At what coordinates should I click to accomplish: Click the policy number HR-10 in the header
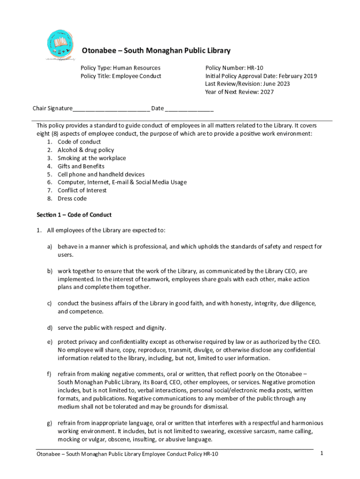pyautogui.click(x=255, y=68)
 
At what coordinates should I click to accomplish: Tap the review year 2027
pyautogui.click(x=267, y=92)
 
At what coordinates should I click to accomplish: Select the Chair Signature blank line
pyautogui.click(x=111, y=109)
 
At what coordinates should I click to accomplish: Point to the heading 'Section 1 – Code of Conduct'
pyautogui.click(x=74, y=215)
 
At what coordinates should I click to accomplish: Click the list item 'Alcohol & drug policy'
pyautogui.click(x=86, y=150)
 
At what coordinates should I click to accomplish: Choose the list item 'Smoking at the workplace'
pyautogui.click(x=92, y=158)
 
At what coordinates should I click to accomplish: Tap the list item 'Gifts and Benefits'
pyautogui.click(x=81, y=166)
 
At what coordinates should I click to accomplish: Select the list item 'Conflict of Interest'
pyautogui.click(x=82, y=190)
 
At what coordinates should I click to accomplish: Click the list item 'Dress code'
pyautogui.click(x=72, y=198)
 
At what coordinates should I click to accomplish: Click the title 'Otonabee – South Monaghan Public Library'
pyautogui.click(x=156, y=51)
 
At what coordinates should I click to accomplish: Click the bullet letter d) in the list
pyautogui.click(x=49, y=328)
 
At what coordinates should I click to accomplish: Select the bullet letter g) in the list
pyautogui.click(x=49, y=423)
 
